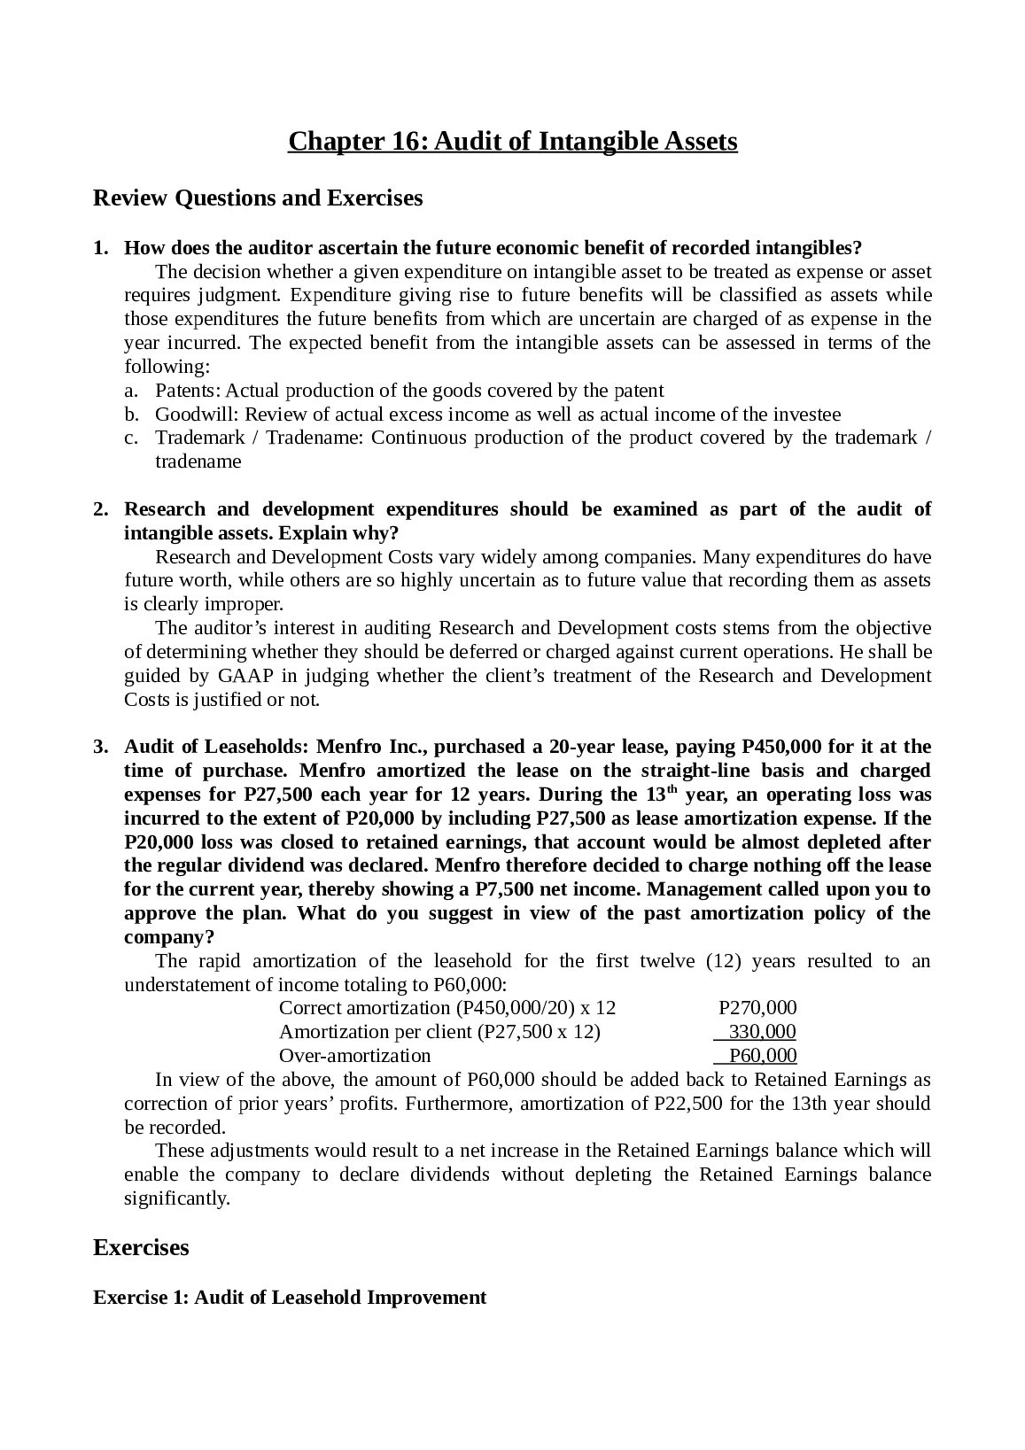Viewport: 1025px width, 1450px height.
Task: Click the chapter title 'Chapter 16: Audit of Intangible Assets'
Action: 512,141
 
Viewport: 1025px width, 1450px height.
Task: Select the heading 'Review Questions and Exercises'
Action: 258,198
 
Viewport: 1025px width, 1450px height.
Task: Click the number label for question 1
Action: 100,247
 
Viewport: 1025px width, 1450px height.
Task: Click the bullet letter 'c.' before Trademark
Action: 130,438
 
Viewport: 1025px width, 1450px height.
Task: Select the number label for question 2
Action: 100,509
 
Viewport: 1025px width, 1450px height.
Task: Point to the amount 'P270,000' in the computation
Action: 757,1008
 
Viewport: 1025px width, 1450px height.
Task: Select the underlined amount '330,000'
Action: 762,1032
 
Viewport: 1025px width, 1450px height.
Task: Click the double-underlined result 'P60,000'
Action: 762,1056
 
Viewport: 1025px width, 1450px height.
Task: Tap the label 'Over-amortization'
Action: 354,1056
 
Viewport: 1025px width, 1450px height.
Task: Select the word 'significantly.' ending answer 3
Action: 176,1199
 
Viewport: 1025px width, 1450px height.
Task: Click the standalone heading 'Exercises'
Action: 141,1248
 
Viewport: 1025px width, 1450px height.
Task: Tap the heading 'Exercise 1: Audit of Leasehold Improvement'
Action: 290,1298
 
